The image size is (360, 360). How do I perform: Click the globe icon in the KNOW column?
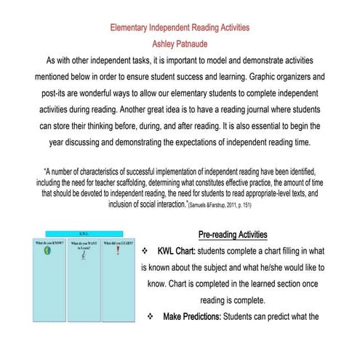point(46,252)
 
